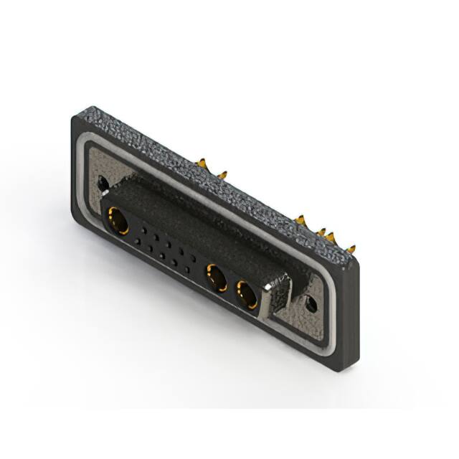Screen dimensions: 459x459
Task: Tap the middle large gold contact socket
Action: (x=214, y=274)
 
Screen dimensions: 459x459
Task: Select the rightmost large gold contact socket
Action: (x=246, y=293)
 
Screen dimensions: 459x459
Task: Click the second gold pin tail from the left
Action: (x=221, y=174)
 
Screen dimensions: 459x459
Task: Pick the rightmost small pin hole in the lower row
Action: (x=189, y=270)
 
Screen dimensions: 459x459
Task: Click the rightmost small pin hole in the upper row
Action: (x=191, y=257)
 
